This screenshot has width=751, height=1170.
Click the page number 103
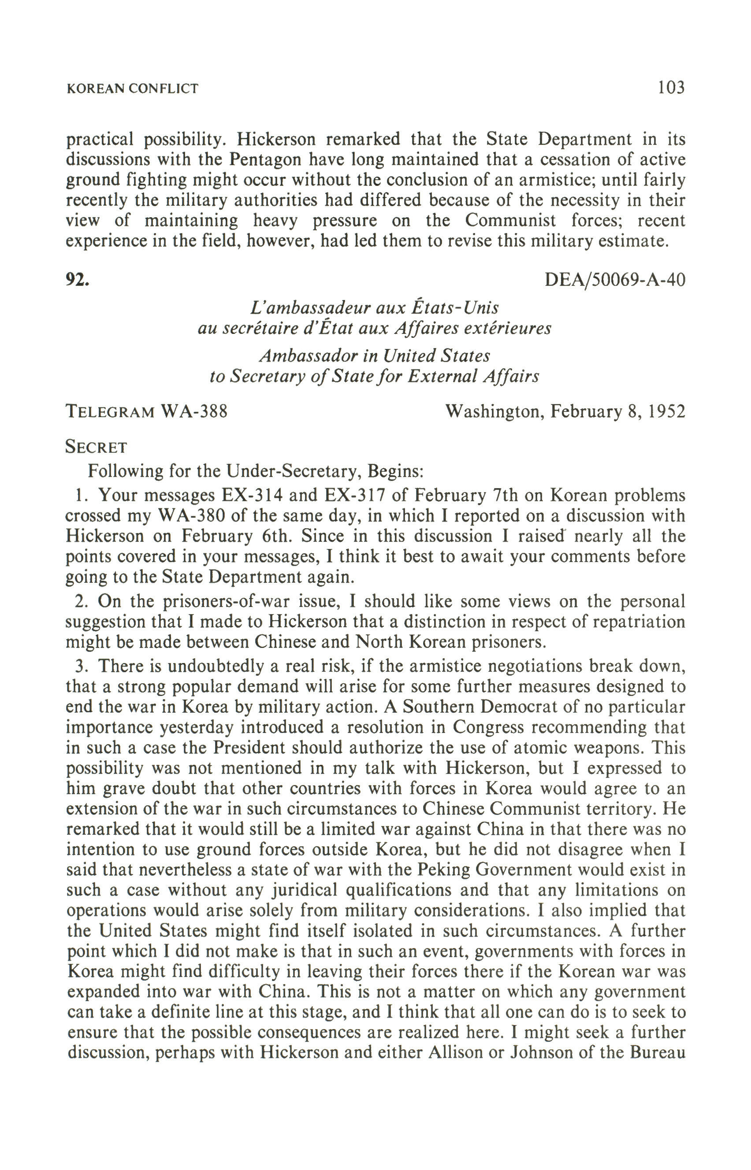[671, 88]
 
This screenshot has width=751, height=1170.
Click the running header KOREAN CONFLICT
[132, 89]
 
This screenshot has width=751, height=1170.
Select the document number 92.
[78, 280]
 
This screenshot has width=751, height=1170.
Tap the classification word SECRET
[96, 447]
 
